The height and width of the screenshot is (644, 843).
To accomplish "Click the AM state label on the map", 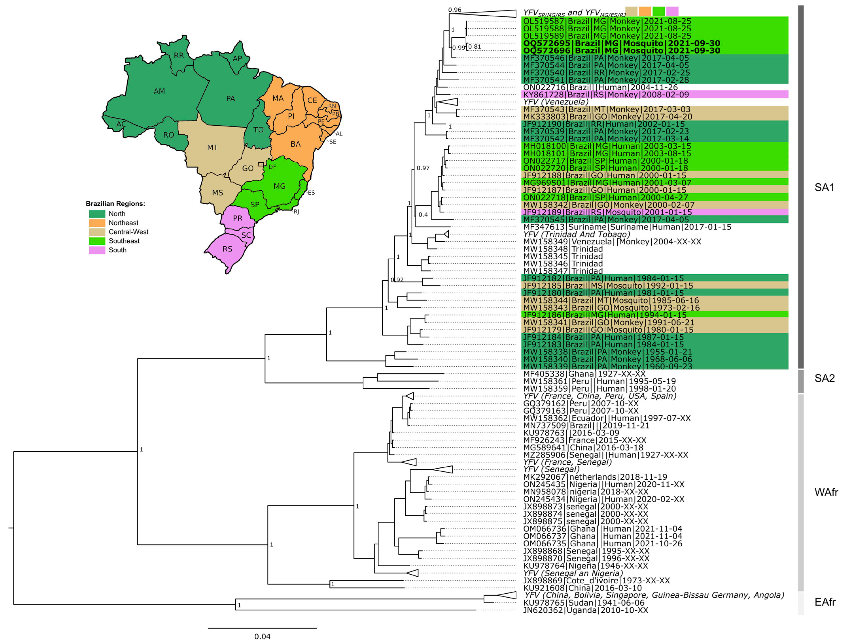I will click(159, 91).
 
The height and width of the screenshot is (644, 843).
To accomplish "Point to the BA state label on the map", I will click(295, 144).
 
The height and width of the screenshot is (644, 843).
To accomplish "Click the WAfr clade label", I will click(826, 492).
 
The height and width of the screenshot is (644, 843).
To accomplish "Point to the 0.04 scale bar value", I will click(262, 636).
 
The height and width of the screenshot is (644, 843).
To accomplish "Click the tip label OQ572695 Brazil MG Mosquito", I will click(621, 43).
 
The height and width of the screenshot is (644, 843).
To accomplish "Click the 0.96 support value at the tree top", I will click(455, 10).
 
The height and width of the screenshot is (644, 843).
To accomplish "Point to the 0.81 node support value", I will click(474, 47).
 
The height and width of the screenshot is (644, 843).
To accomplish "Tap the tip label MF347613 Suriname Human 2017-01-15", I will click(627, 227).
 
